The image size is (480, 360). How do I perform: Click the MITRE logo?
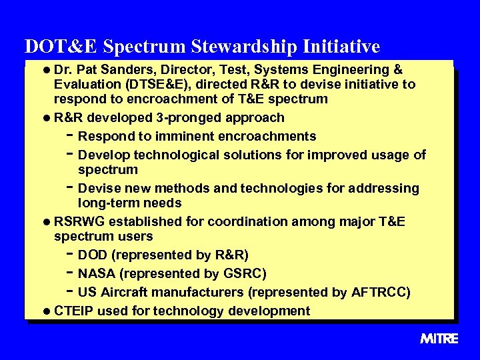tap(439, 339)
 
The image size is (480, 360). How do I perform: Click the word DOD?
tap(92, 255)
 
